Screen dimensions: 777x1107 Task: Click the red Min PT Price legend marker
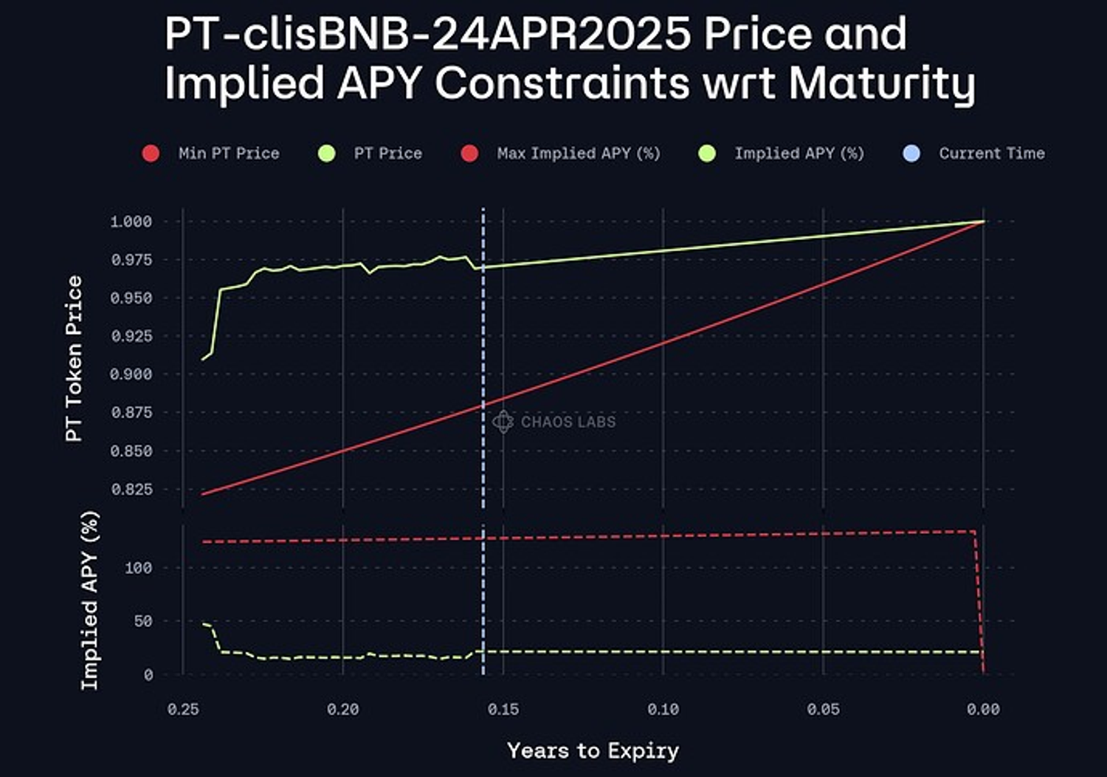tap(151, 154)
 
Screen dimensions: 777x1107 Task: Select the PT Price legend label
tap(387, 154)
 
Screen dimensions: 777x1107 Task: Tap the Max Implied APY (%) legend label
tap(578, 154)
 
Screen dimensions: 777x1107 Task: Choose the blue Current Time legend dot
tap(911, 154)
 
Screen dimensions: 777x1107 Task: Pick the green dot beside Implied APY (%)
tap(707, 154)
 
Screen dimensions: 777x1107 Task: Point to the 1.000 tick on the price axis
tap(131, 222)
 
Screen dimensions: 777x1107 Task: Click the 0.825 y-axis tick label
tap(131, 489)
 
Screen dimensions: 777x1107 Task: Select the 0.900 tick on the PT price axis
tap(131, 374)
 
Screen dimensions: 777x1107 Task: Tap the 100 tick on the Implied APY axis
tap(139, 568)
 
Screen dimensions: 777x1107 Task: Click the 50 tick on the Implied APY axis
tap(143, 621)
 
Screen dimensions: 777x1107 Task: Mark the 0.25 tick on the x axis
tap(183, 709)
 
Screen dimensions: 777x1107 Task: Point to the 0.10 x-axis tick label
tap(663, 709)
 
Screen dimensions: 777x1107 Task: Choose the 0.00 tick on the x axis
tap(983, 709)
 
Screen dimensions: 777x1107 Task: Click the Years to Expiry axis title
tap(593, 751)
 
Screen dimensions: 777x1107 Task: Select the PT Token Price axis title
tap(74, 359)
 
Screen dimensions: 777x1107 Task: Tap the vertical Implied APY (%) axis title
tap(89, 600)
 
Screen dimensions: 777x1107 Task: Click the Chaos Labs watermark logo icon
tap(503, 422)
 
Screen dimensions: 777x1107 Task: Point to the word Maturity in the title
tap(882, 83)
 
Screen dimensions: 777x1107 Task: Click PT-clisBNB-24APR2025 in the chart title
tap(428, 34)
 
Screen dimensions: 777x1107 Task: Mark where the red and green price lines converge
tap(983, 222)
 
